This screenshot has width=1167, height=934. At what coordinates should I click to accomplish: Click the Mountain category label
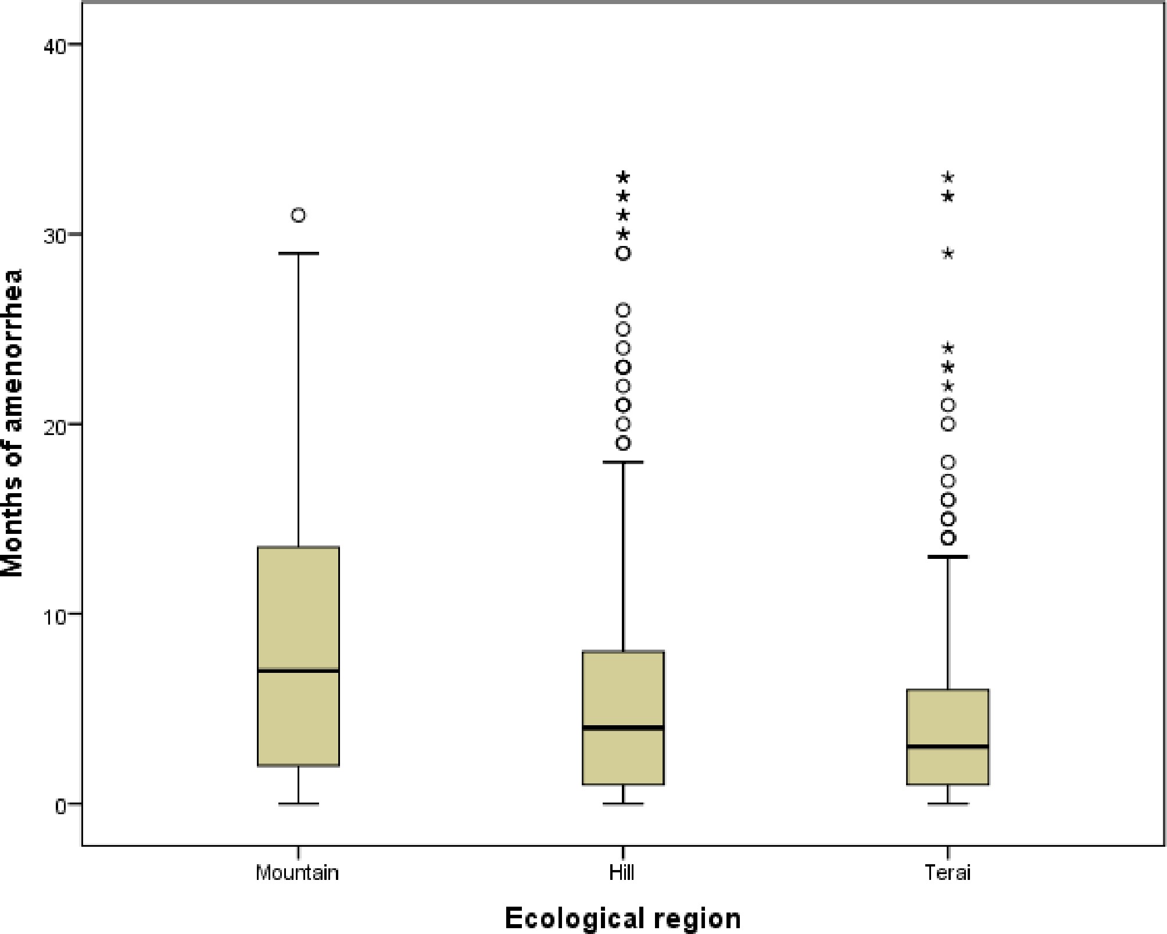[x=297, y=873]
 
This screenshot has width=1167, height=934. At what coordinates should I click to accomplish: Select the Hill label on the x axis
[x=622, y=873]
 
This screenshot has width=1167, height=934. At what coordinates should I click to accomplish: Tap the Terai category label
[x=947, y=873]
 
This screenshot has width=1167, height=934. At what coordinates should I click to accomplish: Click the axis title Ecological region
[x=622, y=918]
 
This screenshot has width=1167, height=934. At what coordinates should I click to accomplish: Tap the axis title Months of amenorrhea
[x=13, y=423]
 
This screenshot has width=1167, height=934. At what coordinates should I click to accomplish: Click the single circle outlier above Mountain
[x=298, y=216]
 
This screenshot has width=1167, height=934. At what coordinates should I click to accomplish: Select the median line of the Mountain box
[x=298, y=671]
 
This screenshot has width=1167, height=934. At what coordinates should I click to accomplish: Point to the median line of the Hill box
[x=623, y=728]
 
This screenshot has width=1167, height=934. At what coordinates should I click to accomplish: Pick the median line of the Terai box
[x=948, y=746]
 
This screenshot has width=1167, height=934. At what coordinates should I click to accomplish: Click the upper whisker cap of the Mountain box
[x=298, y=254]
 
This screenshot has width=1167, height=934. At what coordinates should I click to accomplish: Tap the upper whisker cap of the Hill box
[x=623, y=462]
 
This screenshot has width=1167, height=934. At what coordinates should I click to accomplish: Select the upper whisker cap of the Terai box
[x=948, y=557]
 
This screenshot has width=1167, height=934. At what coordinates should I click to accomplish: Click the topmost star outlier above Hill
[x=623, y=177]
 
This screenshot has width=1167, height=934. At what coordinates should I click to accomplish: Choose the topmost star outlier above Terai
[x=948, y=177]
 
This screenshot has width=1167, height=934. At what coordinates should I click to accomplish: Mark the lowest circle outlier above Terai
[x=948, y=538]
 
